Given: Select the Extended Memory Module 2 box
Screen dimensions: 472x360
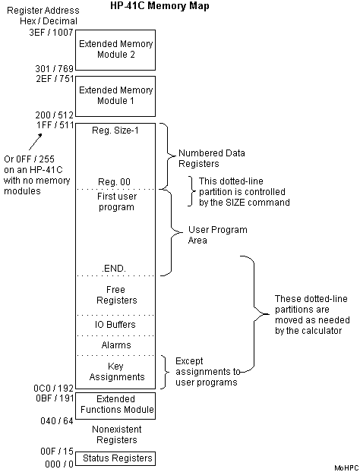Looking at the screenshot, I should [116, 49].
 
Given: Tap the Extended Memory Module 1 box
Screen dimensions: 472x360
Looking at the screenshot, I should [116, 95].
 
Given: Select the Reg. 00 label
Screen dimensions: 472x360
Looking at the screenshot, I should [116, 182].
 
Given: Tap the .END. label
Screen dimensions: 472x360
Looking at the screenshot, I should [116, 268].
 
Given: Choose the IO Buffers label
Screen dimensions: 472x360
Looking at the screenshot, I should [116, 325].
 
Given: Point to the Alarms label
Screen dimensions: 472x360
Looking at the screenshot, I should [116, 345].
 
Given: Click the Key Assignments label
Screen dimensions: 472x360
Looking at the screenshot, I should [116, 370].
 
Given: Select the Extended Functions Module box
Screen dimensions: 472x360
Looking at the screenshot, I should [116, 404].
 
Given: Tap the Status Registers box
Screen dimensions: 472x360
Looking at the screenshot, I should [116, 458].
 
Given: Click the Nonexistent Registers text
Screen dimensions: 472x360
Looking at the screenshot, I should [116, 433].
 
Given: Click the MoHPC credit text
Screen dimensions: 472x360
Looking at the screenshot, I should [345, 468].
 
